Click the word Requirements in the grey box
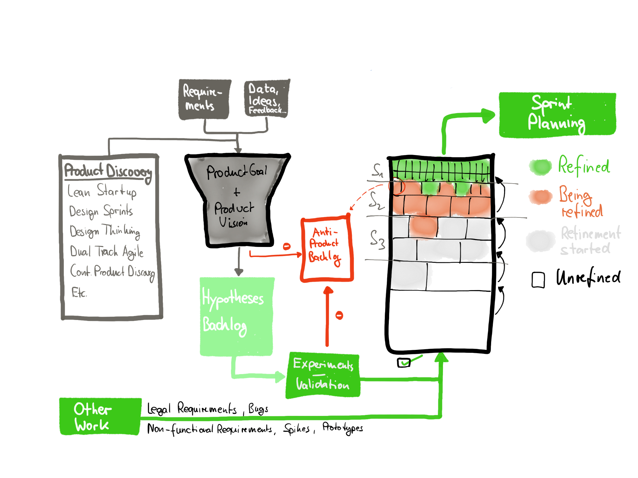pos(202,97)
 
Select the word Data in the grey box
pos(263,89)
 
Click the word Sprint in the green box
pos(552,103)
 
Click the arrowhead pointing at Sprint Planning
pos(488,116)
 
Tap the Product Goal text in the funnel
pos(237,171)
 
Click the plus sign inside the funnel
pos(237,192)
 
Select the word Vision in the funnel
pos(233,222)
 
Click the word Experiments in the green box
pos(323,364)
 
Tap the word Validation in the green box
pos(322,384)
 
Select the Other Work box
pos(100,416)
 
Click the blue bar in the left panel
pos(107,282)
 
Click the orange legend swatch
pos(540,197)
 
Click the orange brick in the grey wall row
pos(423,226)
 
